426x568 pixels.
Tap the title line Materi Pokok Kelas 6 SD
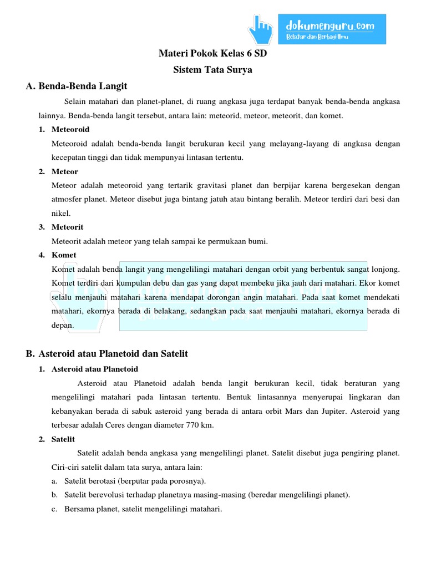point(212,55)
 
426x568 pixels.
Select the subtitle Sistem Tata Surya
point(212,70)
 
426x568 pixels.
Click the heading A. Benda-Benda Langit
point(77,86)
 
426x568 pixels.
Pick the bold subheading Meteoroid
point(70,130)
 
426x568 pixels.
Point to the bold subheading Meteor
point(64,171)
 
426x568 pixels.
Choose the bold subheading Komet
point(64,255)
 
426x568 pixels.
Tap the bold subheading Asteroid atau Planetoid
point(94,369)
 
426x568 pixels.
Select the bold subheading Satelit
point(63,439)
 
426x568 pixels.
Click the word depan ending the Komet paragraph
point(62,325)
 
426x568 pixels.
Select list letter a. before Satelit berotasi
point(54,481)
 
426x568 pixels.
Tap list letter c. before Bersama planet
point(54,509)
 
